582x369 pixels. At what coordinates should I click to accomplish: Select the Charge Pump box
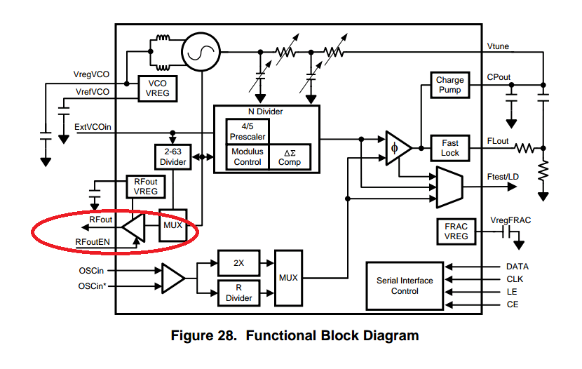tap(449, 86)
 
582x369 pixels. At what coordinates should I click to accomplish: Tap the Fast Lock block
tap(449, 148)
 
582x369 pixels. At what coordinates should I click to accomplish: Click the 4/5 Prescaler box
tap(247, 131)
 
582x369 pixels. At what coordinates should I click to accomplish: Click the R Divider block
tap(238, 293)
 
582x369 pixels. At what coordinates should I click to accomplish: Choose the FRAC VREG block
tap(456, 232)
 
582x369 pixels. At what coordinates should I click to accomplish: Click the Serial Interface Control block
tap(405, 286)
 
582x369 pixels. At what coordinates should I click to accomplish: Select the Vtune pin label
tap(499, 46)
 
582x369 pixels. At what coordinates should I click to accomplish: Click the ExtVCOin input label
tap(93, 127)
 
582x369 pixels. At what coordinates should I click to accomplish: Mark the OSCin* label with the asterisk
tap(93, 286)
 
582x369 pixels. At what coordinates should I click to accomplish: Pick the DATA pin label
tap(517, 267)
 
